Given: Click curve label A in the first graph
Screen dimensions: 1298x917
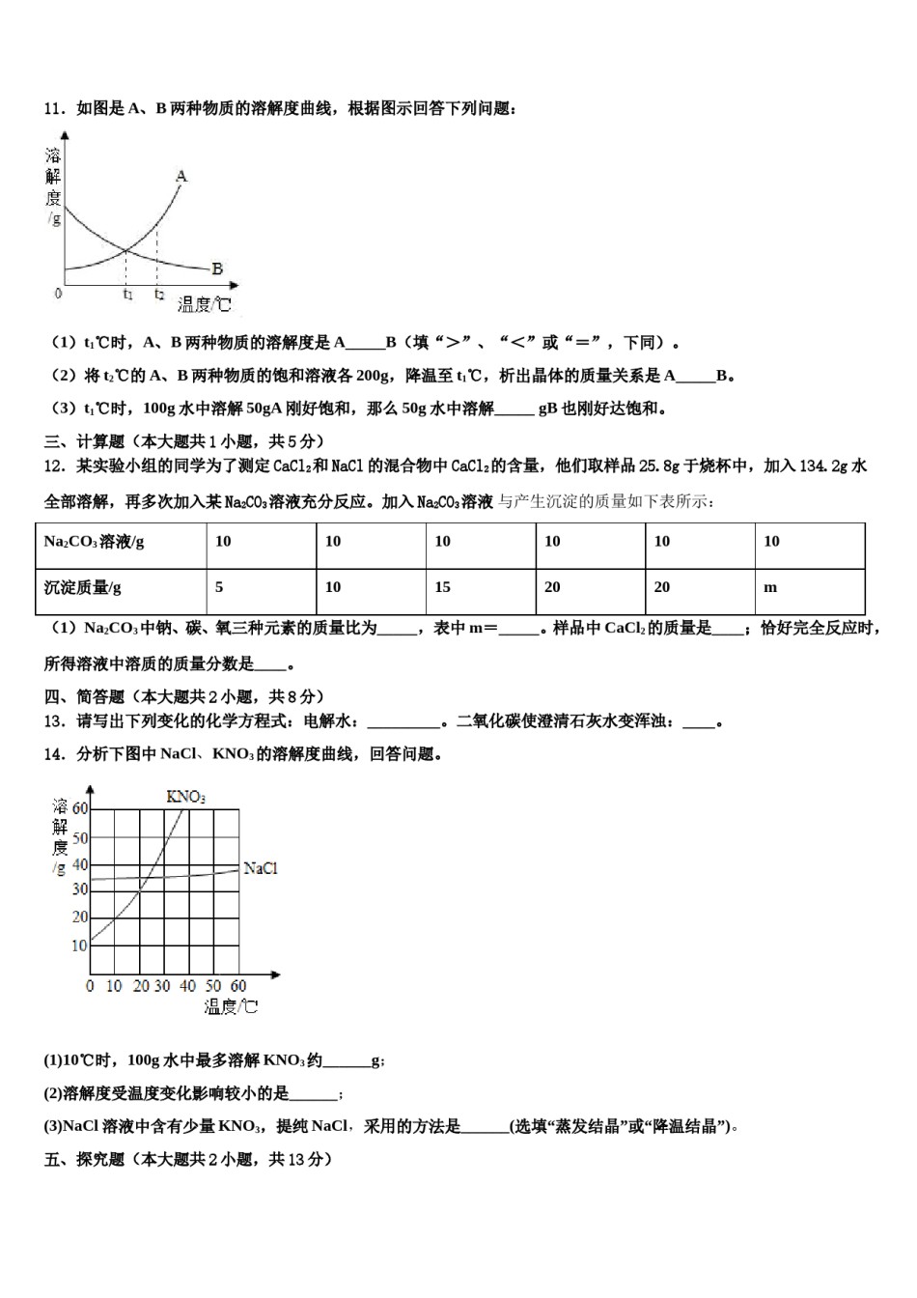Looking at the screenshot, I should [x=181, y=176].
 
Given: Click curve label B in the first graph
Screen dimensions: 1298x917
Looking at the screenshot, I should [x=217, y=268].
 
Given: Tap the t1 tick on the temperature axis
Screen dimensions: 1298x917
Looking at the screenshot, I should [x=127, y=295].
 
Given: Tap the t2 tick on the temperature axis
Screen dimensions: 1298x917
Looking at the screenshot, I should [x=159, y=295].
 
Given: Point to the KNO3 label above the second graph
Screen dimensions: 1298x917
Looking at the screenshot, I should [x=185, y=796].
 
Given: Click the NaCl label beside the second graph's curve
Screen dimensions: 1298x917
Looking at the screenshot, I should [x=261, y=868].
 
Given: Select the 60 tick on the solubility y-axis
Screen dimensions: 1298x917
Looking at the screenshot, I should [x=79, y=808].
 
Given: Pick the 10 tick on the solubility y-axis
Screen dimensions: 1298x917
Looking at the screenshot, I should [x=79, y=945].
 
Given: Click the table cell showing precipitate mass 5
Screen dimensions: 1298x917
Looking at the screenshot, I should [x=220, y=587].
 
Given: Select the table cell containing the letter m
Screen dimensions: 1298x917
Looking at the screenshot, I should [x=770, y=587].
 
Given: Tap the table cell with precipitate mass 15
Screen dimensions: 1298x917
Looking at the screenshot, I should [x=442, y=587].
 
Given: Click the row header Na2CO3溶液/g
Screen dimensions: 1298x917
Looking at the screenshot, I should [x=94, y=542].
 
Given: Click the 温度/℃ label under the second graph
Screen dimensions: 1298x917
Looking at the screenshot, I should [x=232, y=1007].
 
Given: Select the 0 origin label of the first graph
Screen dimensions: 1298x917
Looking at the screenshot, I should [x=59, y=294].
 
